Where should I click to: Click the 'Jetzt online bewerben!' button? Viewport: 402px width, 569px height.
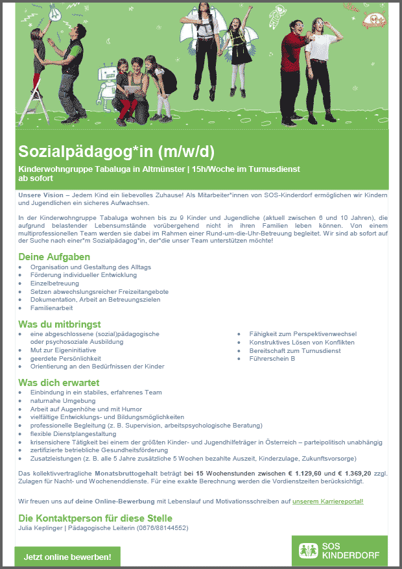(x=67, y=557)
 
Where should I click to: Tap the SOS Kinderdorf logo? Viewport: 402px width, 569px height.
(x=339, y=551)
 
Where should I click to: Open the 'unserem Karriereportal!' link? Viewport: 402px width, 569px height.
(x=328, y=502)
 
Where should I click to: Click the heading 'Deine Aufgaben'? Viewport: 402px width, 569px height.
(x=54, y=257)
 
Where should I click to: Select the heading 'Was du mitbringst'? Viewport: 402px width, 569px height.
(x=60, y=324)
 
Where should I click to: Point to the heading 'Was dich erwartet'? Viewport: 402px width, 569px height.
(x=58, y=382)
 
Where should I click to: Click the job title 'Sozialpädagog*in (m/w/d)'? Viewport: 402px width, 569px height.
(x=116, y=152)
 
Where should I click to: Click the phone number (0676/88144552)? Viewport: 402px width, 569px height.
(x=161, y=528)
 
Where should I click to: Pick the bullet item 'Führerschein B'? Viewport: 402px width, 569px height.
(x=272, y=358)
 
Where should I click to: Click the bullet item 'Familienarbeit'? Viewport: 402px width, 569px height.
(x=51, y=308)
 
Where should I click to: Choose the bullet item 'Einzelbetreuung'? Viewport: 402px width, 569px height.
(x=54, y=284)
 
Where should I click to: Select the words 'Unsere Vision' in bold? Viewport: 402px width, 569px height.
(x=40, y=195)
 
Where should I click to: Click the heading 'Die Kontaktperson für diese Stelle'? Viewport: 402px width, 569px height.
(x=95, y=518)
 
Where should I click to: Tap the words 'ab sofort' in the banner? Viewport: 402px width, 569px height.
(x=32, y=177)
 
